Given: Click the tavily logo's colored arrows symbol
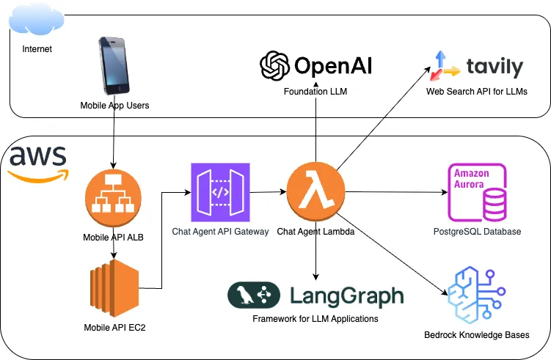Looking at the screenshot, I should click(x=445, y=67).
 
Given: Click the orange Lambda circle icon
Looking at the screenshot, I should click(x=315, y=193).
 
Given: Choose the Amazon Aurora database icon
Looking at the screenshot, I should click(x=477, y=192).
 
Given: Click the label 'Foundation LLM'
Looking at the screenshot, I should click(x=315, y=92).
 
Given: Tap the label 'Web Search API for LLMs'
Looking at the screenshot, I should click(x=476, y=92).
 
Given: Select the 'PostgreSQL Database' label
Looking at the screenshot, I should click(x=477, y=232).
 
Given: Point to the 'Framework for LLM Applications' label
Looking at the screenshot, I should click(x=315, y=319).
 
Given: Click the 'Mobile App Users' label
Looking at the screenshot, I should click(x=114, y=106).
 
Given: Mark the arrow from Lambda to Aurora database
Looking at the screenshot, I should click(x=396, y=193).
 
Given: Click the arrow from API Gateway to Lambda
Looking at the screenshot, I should click(x=269, y=192).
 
